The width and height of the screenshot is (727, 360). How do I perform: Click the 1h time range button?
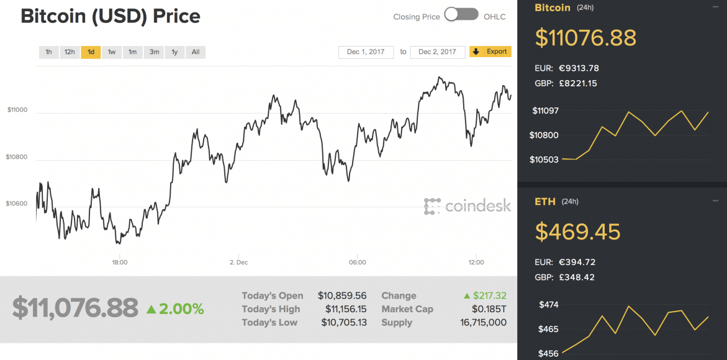[x=48, y=52]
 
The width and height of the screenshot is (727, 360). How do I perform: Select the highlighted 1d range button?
[x=91, y=52]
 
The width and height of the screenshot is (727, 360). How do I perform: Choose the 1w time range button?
[x=112, y=52]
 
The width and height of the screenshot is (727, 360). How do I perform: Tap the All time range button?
[x=196, y=52]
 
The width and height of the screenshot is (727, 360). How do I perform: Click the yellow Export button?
[x=490, y=52]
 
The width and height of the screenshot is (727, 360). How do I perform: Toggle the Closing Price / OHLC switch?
[x=461, y=15]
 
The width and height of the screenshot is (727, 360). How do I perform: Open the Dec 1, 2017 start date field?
[x=366, y=52]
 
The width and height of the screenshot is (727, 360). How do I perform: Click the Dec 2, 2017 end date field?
[x=437, y=52]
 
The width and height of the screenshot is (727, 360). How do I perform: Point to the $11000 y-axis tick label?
[x=17, y=110]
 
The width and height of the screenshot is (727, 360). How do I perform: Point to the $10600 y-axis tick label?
[x=17, y=204]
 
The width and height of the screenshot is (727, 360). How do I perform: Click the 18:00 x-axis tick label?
[x=120, y=263]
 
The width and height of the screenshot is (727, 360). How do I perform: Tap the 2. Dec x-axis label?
[x=238, y=263]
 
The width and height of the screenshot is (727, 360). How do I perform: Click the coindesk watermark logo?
[x=468, y=206]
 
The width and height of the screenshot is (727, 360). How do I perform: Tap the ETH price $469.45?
[x=578, y=232]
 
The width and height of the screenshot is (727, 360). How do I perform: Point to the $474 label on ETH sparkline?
[x=549, y=305]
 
